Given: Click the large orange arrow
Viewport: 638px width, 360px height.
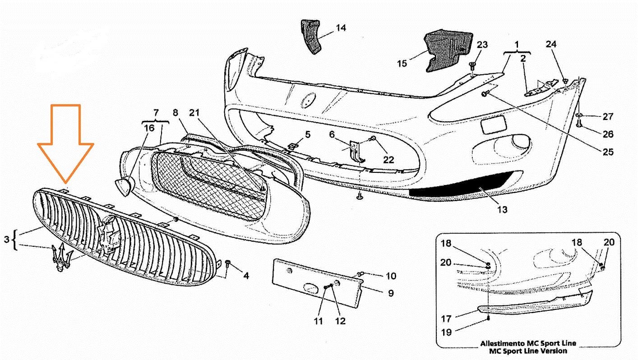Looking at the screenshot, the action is [65, 143].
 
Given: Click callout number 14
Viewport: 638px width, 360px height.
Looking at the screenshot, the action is [341, 28].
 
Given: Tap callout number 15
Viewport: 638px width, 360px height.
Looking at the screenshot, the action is [402, 64].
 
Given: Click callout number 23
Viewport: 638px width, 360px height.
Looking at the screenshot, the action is [482, 45].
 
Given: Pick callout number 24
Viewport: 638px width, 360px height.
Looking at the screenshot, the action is [551, 44].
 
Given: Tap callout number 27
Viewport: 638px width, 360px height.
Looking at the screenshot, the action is [608, 116].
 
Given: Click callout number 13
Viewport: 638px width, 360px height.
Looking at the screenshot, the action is [503, 210].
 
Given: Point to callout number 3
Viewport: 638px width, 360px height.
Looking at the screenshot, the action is [7, 239].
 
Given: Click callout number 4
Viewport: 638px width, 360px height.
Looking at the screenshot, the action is [246, 276].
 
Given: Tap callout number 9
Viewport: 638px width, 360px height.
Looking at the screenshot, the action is [391, 293].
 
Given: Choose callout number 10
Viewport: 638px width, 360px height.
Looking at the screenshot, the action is [391, 276].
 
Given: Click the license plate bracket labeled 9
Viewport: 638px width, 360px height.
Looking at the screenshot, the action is [317, 283].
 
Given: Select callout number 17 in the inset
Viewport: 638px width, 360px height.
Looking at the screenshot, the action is [446, 318].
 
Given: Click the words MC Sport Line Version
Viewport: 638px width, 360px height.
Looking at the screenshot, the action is [528, 351].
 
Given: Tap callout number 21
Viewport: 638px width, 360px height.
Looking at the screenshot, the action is [194, 113].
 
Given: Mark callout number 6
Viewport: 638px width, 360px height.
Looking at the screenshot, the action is [332, 134].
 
